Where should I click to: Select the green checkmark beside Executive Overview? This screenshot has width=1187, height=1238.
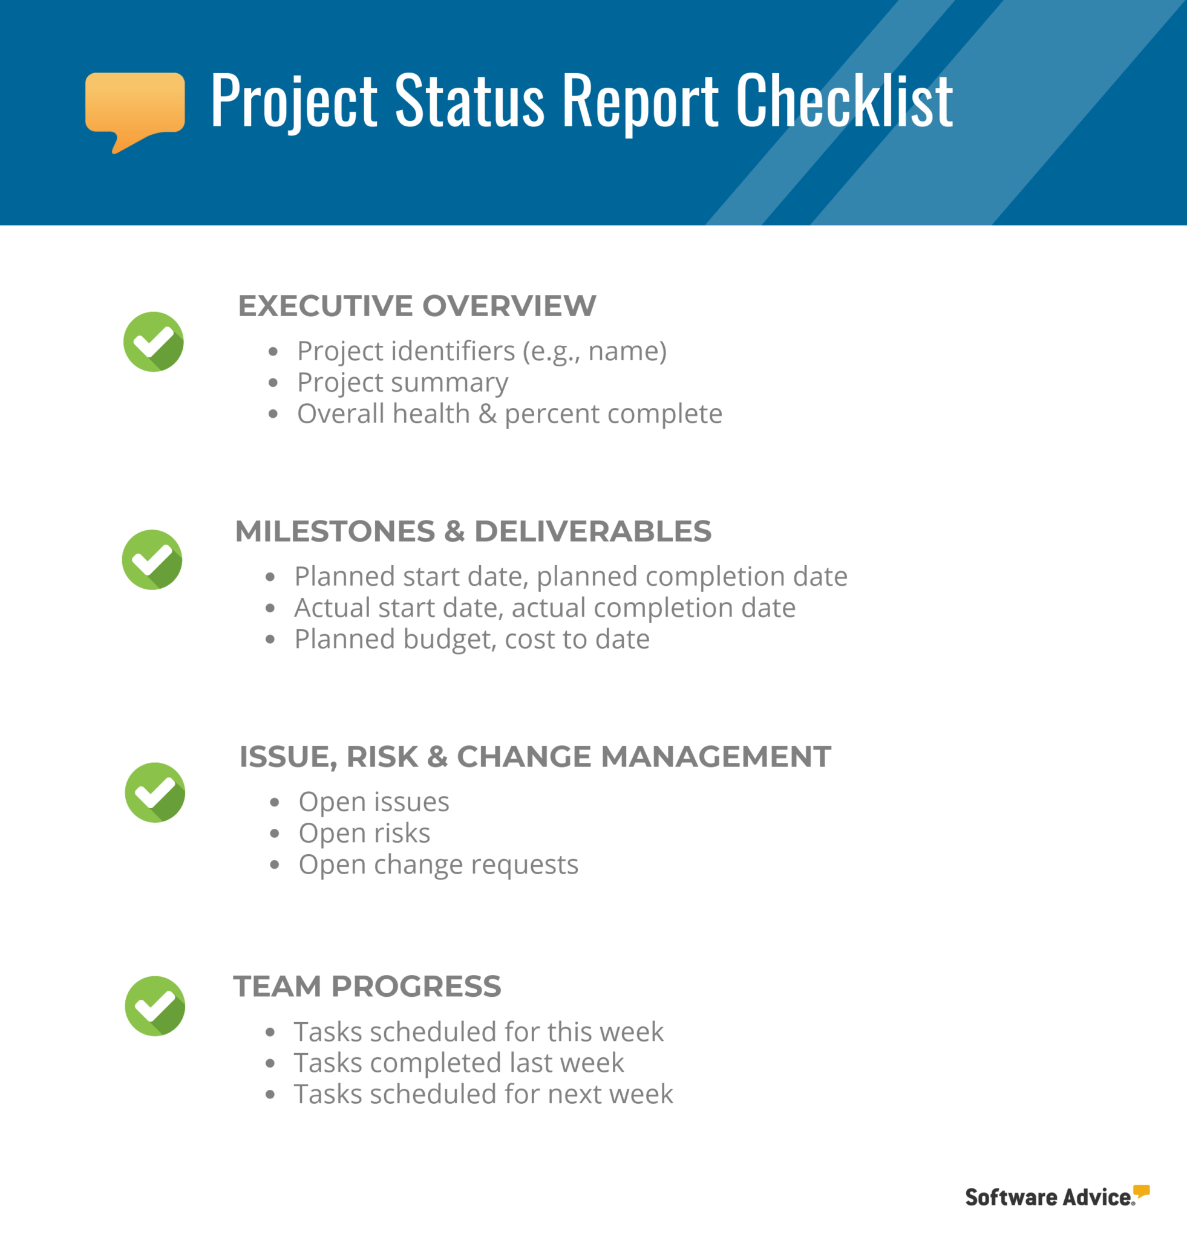point(154,342)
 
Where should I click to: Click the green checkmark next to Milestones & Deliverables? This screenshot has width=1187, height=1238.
point(152,560)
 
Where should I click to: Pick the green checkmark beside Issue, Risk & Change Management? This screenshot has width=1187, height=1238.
point(155,792)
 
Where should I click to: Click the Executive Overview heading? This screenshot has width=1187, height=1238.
point(416,306)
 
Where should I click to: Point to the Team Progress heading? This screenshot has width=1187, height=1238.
point(367,987)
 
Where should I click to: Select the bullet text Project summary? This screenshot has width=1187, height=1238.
point(402,383)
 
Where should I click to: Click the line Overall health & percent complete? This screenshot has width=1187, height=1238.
point(509,414)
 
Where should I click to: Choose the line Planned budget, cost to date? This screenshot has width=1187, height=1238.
point(471,639)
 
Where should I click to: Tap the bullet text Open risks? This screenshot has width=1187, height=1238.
point(364,833)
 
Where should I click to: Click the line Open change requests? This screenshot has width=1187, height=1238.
point(438,864)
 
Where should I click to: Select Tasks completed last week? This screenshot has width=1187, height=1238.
point(459,1063)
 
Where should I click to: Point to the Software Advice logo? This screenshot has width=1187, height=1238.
point(1056,1196)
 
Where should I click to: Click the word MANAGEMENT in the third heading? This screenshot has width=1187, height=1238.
point(716,757)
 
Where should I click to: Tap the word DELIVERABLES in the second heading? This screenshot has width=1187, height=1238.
point(592,531)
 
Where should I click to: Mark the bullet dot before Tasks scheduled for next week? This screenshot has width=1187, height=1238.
point(270,1095)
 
